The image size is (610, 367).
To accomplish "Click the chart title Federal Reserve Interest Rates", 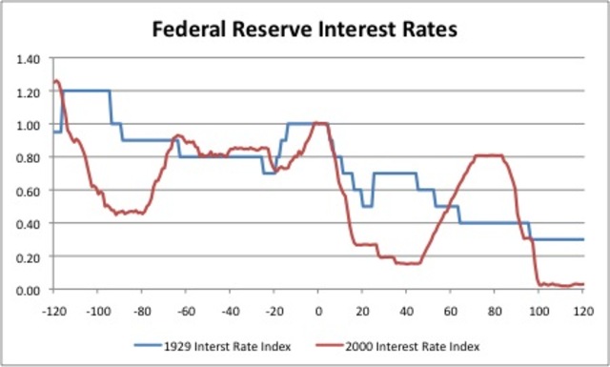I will click(305, 30).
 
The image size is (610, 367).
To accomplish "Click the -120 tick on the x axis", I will click(53, 311).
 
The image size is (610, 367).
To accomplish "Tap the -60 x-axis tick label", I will click(186, 311).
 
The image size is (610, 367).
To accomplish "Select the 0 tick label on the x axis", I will click(318, 311).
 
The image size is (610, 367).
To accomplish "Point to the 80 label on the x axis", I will click(495, 311).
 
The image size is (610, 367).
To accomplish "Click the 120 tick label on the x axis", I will click(582, 311).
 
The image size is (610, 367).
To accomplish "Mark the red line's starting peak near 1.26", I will click(56, 81).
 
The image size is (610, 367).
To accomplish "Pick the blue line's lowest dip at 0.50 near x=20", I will click(367, 206).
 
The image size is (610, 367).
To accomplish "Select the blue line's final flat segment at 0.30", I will click(558, 239).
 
